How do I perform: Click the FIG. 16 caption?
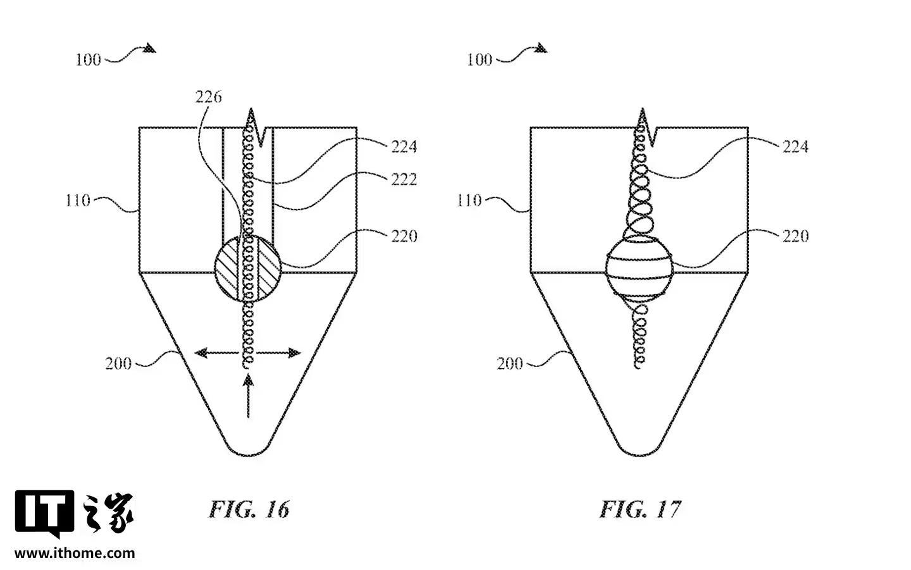249,509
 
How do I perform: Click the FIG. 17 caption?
640,509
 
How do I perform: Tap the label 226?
209,97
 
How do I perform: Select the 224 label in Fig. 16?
404,146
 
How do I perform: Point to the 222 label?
404,179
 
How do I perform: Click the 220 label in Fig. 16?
404,236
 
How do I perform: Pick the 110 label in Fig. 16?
78,201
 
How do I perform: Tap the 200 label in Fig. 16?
118,364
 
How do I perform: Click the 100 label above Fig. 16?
89,60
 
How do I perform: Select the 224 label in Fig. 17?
795,146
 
